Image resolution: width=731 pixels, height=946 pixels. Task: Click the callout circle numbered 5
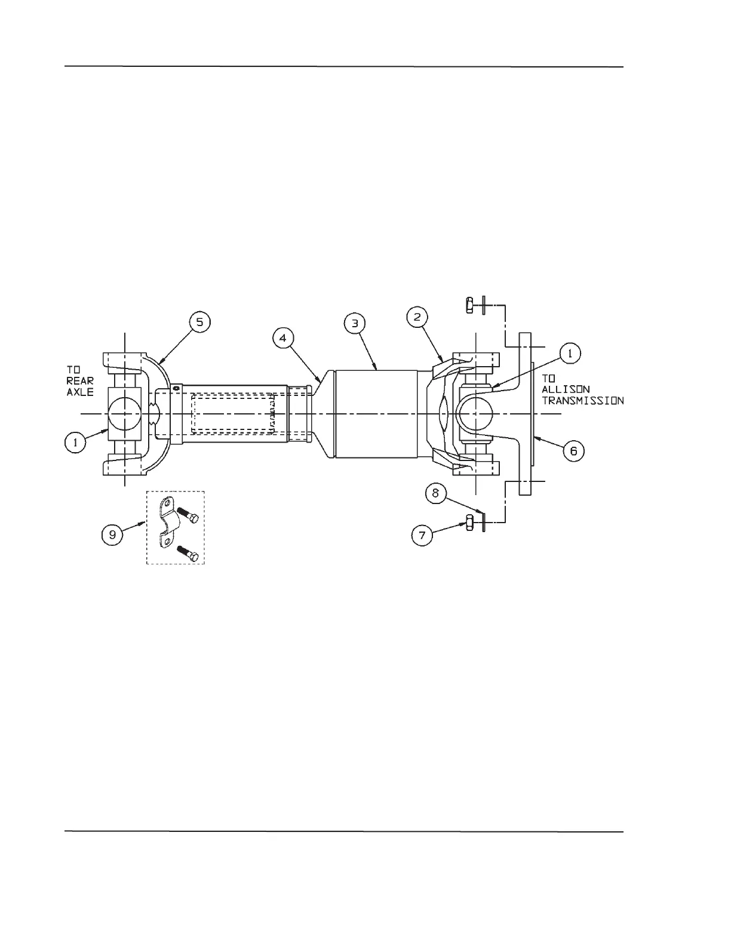[199, 322]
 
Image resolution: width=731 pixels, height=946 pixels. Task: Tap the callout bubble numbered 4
[283, 338]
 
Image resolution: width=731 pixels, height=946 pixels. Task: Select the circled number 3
[355, 323]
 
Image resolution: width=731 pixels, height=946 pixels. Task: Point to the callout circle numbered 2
[417, 317]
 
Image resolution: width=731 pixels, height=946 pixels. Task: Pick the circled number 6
[573, 450]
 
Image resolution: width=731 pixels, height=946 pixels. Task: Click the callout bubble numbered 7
[422, 535]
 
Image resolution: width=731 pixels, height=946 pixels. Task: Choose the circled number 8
[436, 493]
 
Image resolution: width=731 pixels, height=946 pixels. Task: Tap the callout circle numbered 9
[112, 535]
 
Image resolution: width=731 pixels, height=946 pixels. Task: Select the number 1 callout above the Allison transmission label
[570, 354]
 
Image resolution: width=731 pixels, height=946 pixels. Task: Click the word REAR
[80, 382]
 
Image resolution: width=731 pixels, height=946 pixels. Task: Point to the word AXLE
[80, 393]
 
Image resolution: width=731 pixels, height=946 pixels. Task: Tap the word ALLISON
[566, 389]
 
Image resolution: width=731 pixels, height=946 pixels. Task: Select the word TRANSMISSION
[582, 400]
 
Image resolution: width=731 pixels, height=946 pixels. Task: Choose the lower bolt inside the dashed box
[188, 554]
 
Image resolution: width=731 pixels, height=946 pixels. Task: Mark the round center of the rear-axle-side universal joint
[124, 413]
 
